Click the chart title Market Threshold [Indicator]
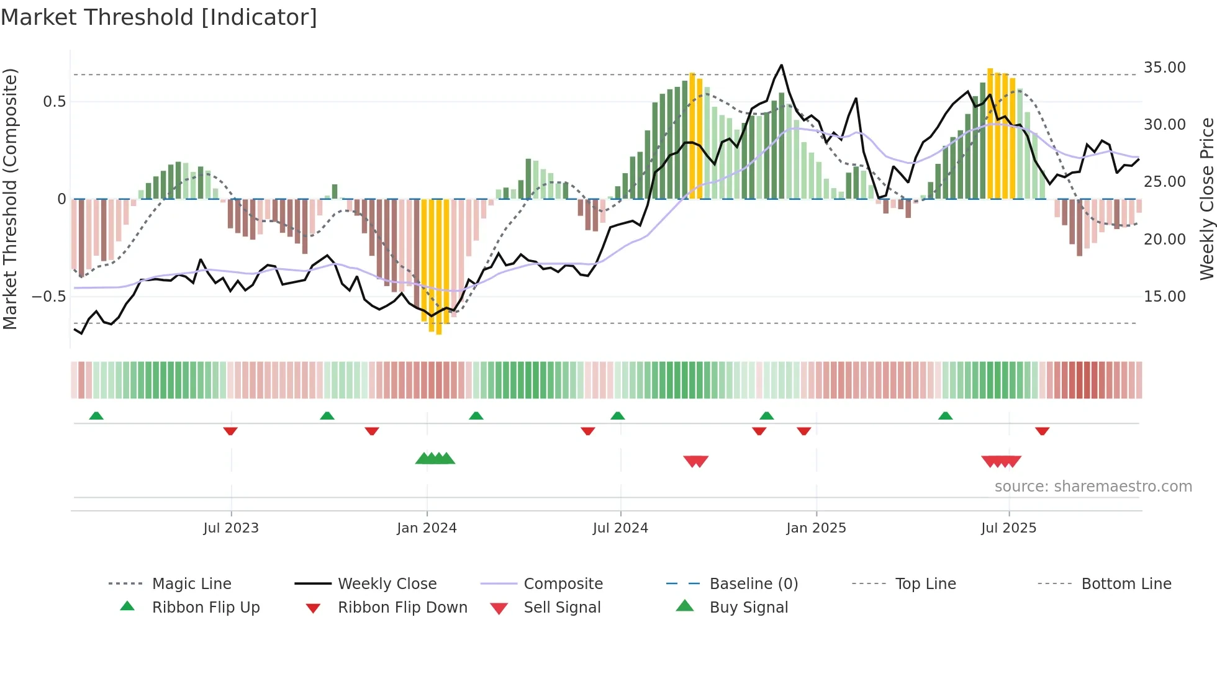coord(159,17)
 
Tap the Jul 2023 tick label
coord(231,528)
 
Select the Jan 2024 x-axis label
coord(427,528)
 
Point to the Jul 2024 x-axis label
coord(620,528)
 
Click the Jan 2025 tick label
coord(816,528)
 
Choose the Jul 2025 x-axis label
coord(1009,528)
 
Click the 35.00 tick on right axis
coord(1164,68)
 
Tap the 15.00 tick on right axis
coord(1164,297)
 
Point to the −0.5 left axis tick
coord(49,297)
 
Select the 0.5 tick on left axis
coord(54,102)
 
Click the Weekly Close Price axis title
coord(1206,199)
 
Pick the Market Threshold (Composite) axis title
coord(10,199)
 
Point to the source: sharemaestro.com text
coord(1093,487)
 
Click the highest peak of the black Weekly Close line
coord(781,65)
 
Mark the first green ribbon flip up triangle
coord(96,416)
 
